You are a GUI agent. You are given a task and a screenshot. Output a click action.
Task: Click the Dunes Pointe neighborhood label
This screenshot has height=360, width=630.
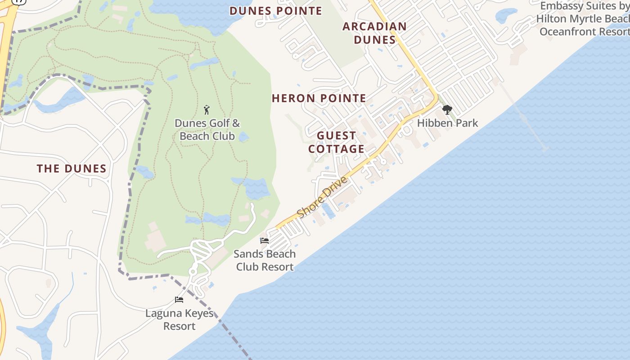point(276,11)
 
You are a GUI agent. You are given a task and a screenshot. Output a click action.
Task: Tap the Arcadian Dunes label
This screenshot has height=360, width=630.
point(374,33)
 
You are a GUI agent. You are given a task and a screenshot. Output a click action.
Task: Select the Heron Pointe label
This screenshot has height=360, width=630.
point(319,98)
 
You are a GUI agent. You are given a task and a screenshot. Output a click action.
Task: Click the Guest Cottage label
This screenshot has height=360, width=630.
point(336,142)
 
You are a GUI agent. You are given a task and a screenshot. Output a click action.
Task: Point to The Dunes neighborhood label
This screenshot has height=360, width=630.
point(72,169)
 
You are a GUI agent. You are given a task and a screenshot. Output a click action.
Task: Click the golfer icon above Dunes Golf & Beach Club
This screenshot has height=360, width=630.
point(207,110)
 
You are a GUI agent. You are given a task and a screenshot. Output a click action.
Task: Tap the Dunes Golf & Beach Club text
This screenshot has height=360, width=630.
point(207,130)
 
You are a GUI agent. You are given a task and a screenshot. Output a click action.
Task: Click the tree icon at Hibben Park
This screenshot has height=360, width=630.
point(447,110)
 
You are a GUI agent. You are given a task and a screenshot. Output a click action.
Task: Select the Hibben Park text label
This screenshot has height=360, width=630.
point(447,123)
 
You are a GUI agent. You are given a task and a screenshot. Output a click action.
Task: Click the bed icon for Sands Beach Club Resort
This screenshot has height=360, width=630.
point(265,241)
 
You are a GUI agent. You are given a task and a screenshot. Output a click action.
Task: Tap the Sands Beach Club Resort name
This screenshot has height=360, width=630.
point(265,260)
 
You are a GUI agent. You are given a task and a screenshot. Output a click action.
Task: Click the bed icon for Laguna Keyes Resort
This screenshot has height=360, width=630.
point(179,300)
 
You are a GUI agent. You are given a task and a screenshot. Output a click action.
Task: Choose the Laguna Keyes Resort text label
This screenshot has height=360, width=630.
point(179,319)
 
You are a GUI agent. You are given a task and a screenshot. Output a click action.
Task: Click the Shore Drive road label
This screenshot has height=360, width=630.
point(323,197)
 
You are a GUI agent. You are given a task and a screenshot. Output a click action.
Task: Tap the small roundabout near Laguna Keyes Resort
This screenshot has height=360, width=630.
point(193,271)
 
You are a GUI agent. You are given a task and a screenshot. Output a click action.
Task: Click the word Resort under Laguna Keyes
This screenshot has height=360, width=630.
point(179,326)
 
